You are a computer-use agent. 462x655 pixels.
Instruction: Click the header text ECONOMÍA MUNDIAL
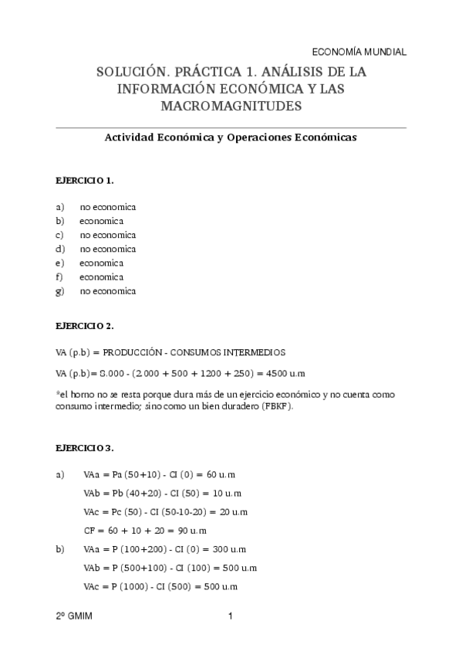(x=359, y=52)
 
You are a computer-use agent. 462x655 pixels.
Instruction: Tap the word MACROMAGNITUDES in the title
(x=231, y=106)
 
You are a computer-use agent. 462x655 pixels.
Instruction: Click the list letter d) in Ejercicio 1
(x=59, y=249)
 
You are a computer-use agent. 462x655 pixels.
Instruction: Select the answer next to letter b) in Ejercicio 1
(x=101, y=221)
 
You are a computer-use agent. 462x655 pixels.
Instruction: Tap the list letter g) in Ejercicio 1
(x=59, y=291)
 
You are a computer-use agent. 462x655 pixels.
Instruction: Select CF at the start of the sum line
(x=89, y=531)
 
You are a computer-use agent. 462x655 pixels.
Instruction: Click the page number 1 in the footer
(x=231, y=616)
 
